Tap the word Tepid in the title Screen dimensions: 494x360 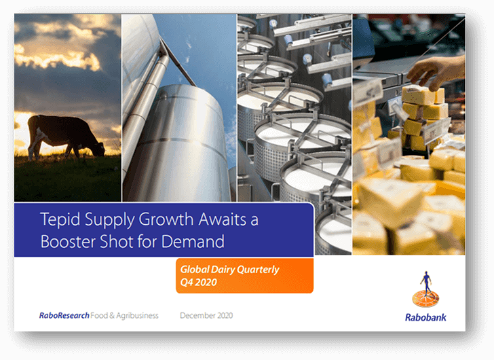(x=60, y=219)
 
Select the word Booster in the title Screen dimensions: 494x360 (x=68, y=242)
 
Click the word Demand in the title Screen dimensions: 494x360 (x=193, y=242)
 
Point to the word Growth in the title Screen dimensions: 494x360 (x=166, y=219)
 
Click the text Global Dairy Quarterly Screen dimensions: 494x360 (x=229, y=270)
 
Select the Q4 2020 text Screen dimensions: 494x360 (x=198, y=282)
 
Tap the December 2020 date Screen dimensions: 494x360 (x=206, y=315)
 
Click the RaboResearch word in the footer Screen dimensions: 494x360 (x=64, y=315)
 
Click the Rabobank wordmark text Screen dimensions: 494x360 (x=425, y=317)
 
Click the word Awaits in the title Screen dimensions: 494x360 (x=223, y=219)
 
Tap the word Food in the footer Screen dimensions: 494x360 (x=99, y=315)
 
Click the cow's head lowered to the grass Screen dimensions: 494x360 (x=100, y=149)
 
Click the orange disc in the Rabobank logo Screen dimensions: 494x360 (x=425, y=299)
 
